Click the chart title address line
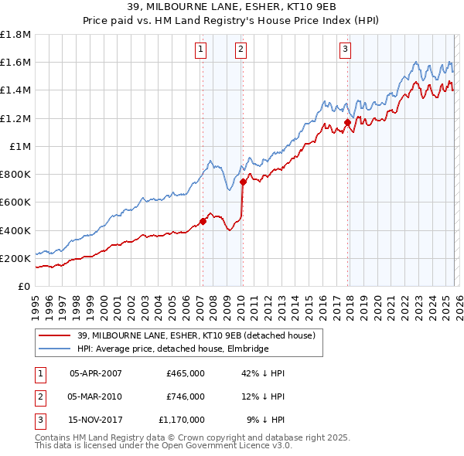click(232, 8)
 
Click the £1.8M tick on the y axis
click(15, 35)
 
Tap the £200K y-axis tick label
click(15, 258)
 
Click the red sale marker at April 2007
click(203, 221)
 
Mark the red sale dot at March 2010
click(243, 182)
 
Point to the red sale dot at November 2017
click(347, 122)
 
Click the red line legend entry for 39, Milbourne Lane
click(196, 336)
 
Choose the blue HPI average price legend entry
click(172, 349)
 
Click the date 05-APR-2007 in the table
click(96, 373)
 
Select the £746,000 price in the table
click(186, 396)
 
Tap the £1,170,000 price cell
click(183, 420)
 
